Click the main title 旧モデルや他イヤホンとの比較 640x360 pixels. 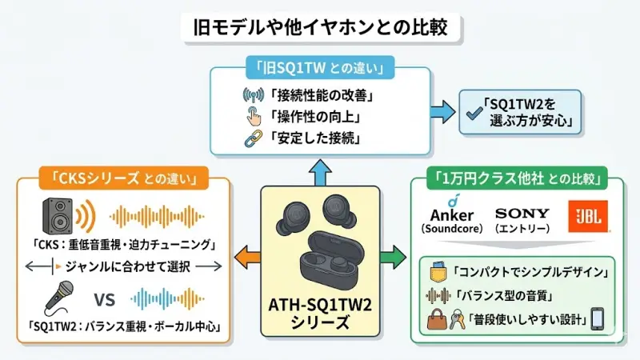[320, 26]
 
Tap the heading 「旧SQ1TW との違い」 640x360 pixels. [320, 69]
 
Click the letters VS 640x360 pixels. [106, 300]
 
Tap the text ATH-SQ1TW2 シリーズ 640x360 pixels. [320, 314]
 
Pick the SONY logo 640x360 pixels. [522, 214]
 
